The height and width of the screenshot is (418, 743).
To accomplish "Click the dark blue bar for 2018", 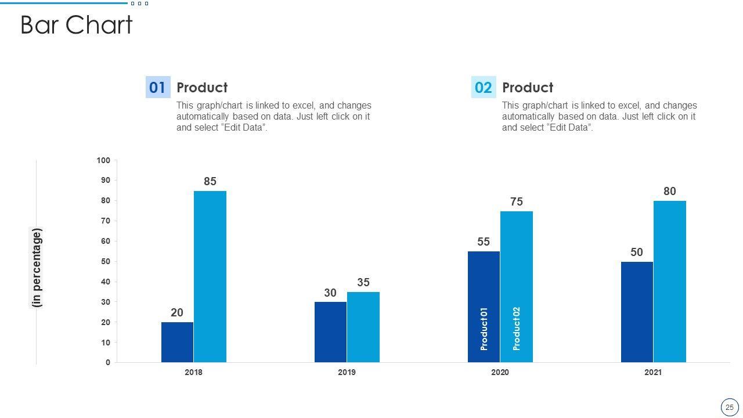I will (x=177, y=343).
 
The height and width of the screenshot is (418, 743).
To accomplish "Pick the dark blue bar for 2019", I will (x=330, y=332).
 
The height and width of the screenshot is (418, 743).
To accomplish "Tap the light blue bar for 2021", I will (x=670, y=282).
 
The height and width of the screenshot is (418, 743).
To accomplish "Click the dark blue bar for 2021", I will (x=637, y=312).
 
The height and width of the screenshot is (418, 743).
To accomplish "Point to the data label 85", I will (x=210, y=182).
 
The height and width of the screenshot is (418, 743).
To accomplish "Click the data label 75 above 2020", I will (x=517, y=202).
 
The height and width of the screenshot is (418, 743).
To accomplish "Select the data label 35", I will (x=363, y=283).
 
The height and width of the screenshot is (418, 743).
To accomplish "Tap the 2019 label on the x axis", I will (x=347, y=372).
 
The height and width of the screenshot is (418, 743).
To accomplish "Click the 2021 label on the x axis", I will (x=653, y=372).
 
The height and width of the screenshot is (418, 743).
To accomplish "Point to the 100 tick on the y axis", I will (x=103, y=160).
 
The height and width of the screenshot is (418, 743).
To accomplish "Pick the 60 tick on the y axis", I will (x=106, y=242).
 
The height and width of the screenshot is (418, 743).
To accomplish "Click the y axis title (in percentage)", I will (x=37, y=268).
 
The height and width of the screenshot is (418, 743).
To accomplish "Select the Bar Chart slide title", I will (x=77, y=26).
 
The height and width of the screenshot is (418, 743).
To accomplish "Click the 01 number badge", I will (x=157, y=88).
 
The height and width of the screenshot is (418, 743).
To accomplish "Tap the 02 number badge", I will (x=483, y=88).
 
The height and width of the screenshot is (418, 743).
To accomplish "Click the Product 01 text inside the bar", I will (x=484, y=329).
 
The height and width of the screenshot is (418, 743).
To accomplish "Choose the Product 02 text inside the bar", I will (x=517, y=329).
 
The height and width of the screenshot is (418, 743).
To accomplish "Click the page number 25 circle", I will (x=729, y=408).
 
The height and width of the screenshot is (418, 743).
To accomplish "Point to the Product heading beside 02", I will (x=527, y=88).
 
